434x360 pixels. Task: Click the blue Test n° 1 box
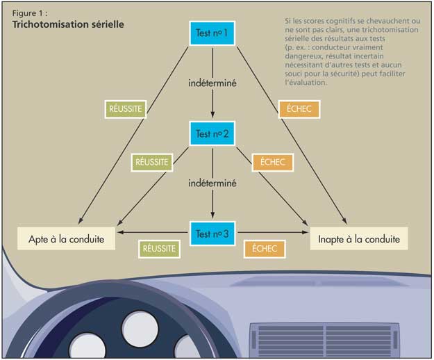(x=212, y=33)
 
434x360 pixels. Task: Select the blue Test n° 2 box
(x=212, y=133)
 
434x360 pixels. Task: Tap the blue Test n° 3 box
(x=212, y=234)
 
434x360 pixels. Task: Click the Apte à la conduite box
(x=66, y=238)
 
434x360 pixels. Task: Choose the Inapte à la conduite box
(x=359, y=238)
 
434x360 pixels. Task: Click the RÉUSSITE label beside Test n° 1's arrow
(x=126, y=109)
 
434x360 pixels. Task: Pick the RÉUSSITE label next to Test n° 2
(x=151, y=162)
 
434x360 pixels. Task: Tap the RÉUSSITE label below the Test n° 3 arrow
(x=159, y=249)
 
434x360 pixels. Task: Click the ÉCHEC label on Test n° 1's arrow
(x=299, y=109)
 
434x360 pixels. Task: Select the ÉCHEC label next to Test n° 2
(x=273, y=162)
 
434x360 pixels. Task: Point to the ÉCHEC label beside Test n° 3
(x=265, y=249)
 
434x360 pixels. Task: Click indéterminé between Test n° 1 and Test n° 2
(x=212, y=83)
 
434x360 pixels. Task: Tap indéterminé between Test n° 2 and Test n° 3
(x=212, y=183)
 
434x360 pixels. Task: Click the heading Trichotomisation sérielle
(x=68, y=24)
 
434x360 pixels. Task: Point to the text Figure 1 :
(x=30, y=13)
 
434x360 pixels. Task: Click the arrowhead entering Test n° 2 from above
(x=212, y=115)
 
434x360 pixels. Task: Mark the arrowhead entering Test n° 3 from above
(x=212, y=215)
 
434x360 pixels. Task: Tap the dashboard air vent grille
(x=325, y=340)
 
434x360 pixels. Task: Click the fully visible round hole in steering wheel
(x=140, y=329)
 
